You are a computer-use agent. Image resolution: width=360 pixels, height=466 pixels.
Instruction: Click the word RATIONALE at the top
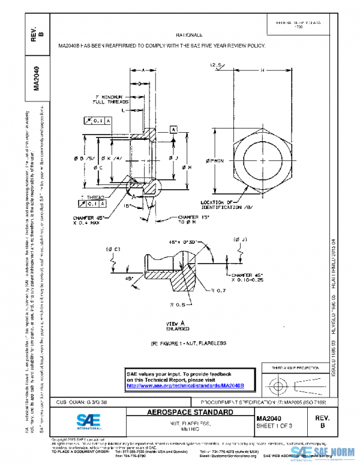[x=190, y=35]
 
